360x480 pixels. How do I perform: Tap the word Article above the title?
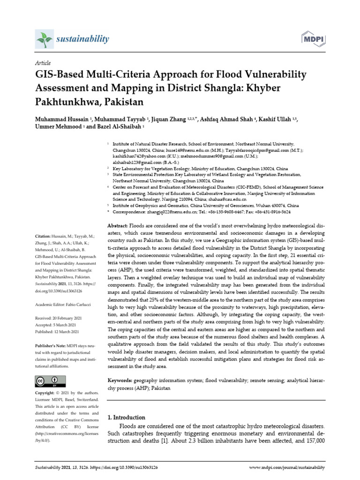coord(43,63)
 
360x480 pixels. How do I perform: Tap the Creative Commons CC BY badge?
coord(49,380)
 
